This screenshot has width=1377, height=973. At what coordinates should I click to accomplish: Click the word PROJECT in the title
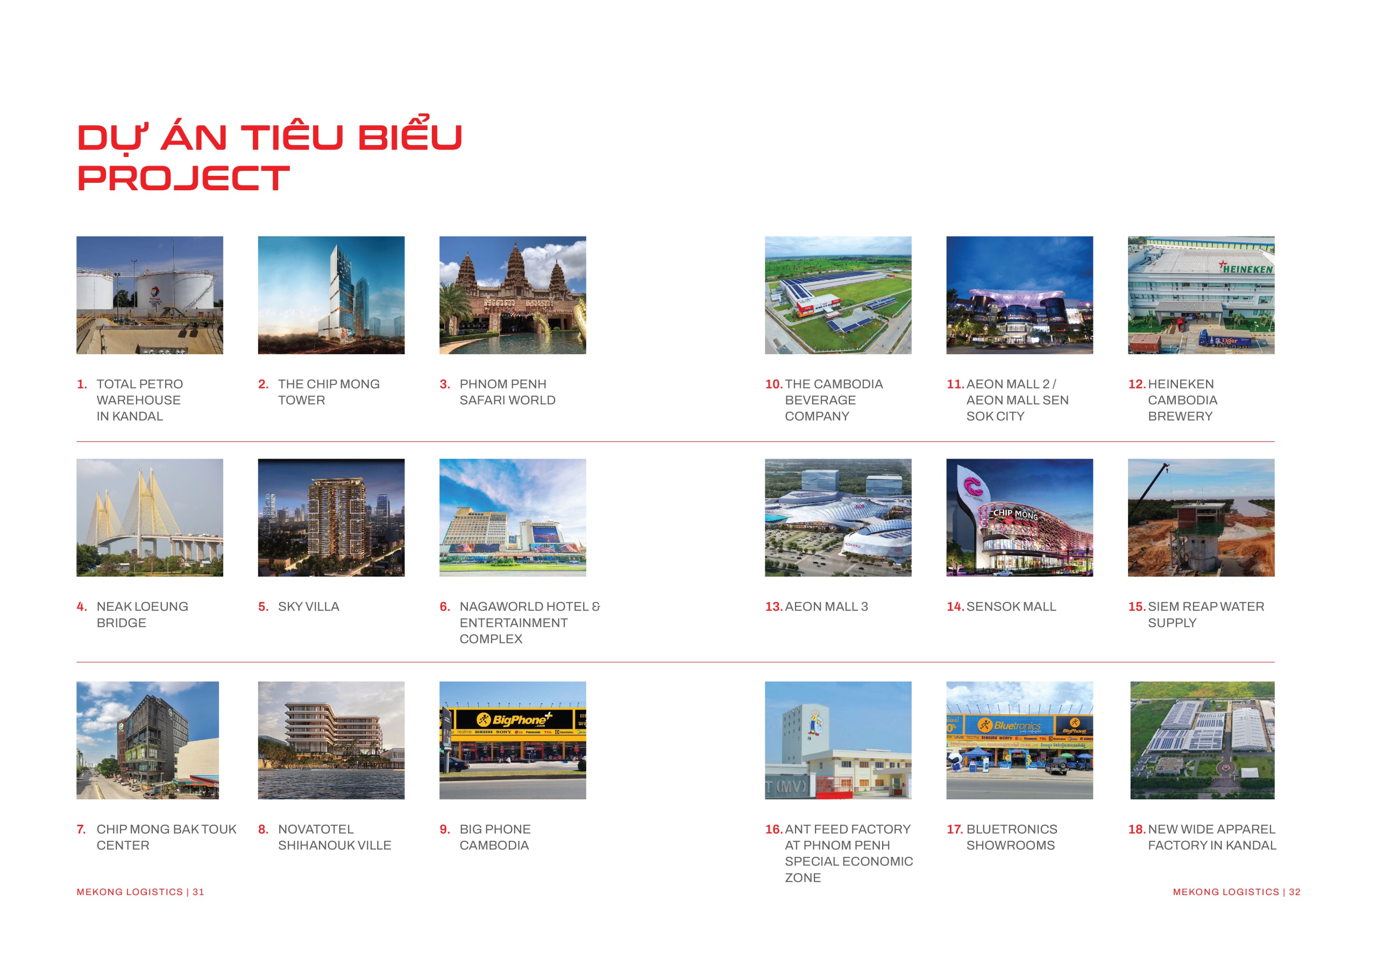pos(183,178)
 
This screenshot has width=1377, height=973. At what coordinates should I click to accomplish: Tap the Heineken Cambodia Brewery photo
pos(1201,295)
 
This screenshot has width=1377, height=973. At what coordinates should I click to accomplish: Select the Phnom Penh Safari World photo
pos(513,295)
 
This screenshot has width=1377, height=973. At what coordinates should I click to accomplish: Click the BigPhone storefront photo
pos(513,740)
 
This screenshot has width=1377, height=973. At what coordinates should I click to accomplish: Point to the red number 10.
pos(773,384)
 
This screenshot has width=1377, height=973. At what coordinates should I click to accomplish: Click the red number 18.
pos(1137,829)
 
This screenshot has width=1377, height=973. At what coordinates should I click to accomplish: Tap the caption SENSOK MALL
pos(1011,607)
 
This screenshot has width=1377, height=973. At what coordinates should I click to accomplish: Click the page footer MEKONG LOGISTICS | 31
pos(140,892)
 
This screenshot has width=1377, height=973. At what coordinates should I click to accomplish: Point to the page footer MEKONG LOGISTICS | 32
pos(1237,892)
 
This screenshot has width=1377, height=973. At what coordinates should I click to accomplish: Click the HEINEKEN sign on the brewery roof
pos(1247,269)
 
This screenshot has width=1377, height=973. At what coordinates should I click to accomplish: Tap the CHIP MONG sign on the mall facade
pos(1015,514)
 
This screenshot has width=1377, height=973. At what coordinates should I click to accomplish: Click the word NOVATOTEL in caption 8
pos(316,829)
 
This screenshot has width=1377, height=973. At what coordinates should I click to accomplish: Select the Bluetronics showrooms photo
pos(1019,740)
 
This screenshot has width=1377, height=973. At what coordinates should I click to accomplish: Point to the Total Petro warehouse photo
pos(150,295)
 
